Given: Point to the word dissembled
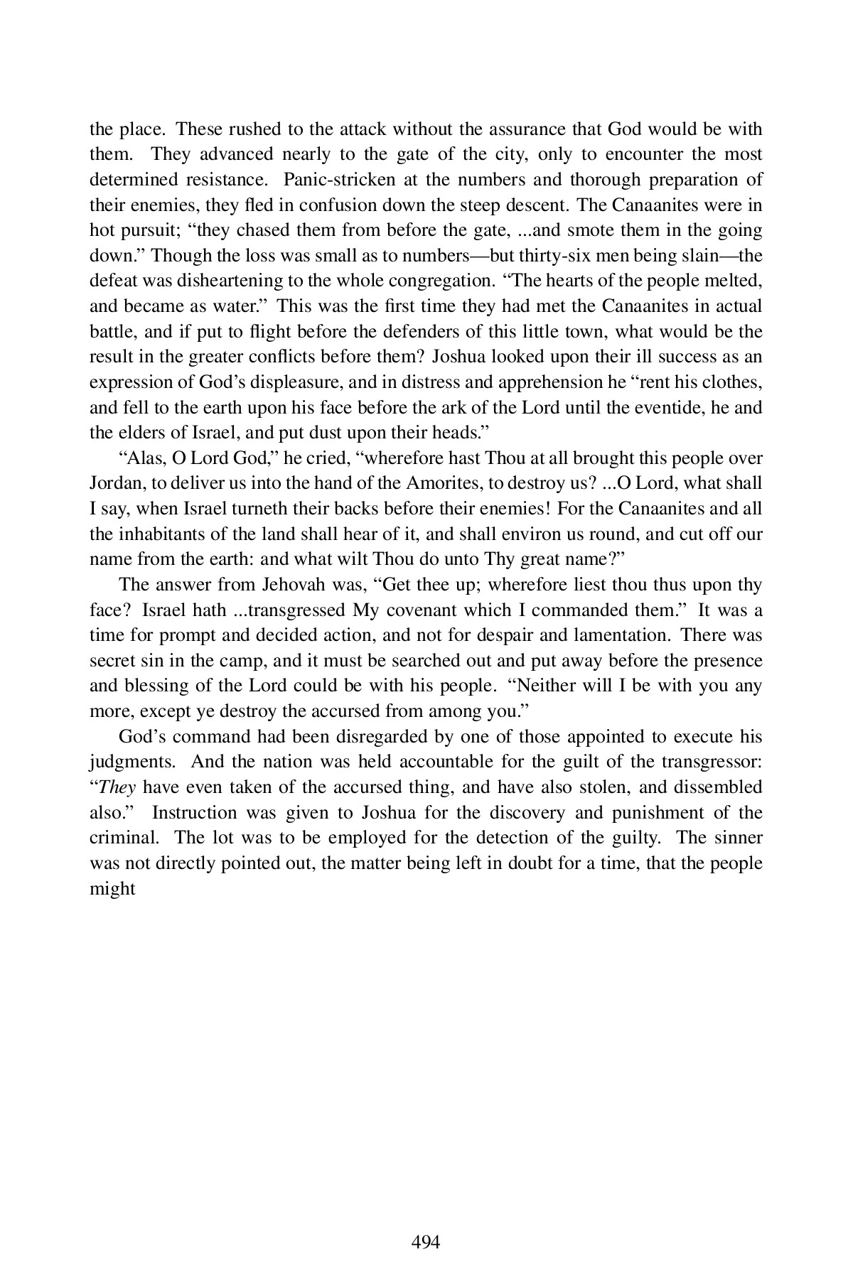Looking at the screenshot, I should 717,787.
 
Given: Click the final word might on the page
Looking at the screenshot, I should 112,889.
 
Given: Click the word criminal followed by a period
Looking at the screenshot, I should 123,838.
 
